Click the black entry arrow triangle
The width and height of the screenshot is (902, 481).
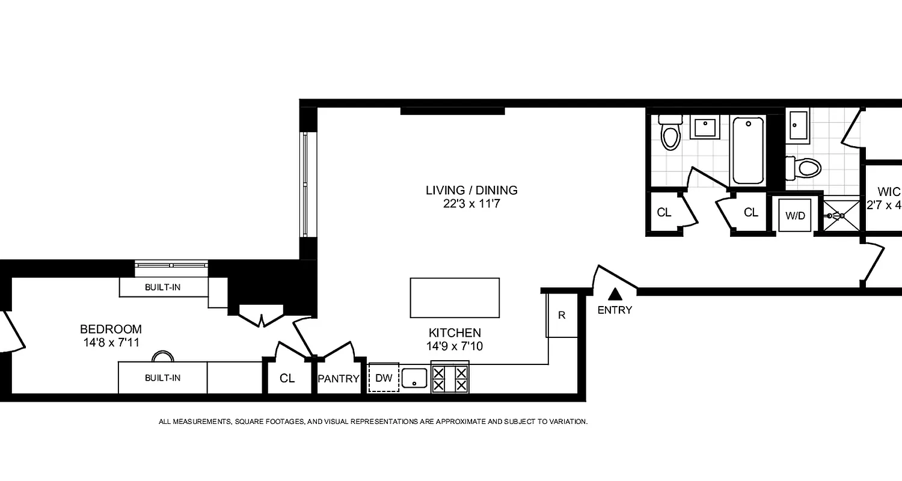click(x=615, y=294)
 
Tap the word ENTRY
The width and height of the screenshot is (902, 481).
click(x=615, y=310)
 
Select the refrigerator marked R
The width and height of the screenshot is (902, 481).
click(x=562, y=316)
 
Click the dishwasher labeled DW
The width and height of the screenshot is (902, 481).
click(x=383, y=378)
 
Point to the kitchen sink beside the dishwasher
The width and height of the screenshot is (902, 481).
click(x=414, y=378)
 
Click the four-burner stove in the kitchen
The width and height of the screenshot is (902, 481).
click(x=450, y=378)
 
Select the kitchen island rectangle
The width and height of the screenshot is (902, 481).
click(x=455, y=298)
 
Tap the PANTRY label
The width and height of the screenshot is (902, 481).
click(x=339, y=379)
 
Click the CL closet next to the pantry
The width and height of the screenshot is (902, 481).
click(x=287, y=379)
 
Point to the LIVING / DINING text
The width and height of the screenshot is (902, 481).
click(x=471, y=191)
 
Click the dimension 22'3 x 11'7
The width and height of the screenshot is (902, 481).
click(x=471, y=204)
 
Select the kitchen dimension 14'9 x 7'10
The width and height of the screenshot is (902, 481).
click(x=455, y=346)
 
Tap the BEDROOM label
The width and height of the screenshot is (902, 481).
click(x=111, y=329)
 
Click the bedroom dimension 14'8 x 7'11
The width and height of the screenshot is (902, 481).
click(x=111, y=343)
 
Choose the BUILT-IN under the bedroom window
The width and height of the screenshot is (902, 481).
click(x=162, y=287)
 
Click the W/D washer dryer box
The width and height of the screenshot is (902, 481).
click(x=796, y=215)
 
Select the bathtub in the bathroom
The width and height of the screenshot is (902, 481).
click(x=748, y=150)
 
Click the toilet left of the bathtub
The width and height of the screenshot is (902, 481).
click(x=670, y=132)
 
